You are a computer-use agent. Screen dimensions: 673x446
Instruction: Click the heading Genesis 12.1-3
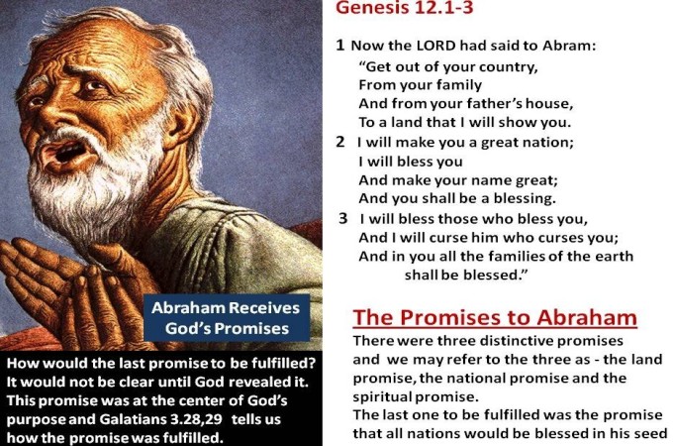click(404, 8)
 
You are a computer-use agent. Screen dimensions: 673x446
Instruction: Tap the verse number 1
click(339, 45)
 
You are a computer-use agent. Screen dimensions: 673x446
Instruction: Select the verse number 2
click(340, 142)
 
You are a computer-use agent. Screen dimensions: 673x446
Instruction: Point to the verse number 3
click(343, 218)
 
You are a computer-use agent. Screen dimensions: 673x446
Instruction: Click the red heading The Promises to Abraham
click(495, 317)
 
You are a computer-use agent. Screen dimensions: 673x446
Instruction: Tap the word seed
click(652, 433)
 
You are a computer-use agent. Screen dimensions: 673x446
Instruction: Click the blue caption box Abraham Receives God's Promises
click(227, 318)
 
